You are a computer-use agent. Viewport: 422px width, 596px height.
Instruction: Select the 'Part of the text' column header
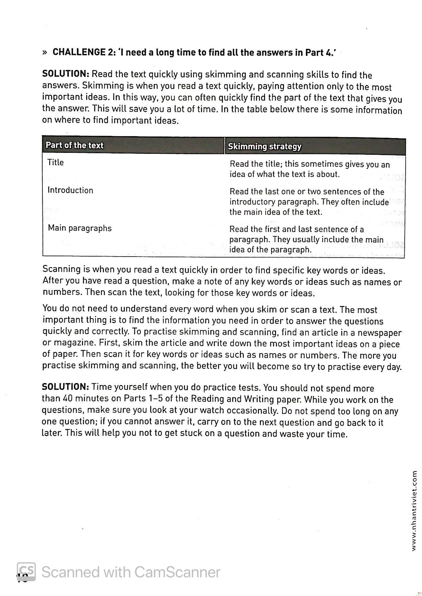click(x=74, y=145)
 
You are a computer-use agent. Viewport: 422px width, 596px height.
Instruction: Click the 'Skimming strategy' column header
click(x=264, y=147)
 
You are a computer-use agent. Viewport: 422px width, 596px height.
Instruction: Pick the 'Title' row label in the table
click(x=55, y=162)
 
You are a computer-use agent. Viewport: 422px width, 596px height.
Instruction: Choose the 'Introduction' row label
click(x=70, y=190)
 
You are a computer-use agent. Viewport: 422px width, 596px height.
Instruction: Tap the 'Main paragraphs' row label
click(x=79, y=228)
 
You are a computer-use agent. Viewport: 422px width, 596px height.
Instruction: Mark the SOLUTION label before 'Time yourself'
click(x=65, y=387)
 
